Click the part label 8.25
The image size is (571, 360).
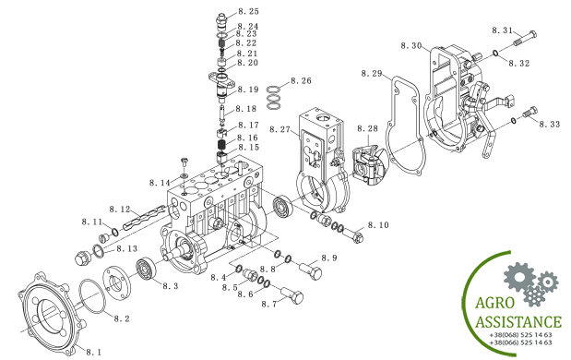click(x=248, y=10)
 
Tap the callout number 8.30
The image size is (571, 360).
click(x=411, y=45)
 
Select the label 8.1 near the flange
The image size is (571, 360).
click(x=95, y=352)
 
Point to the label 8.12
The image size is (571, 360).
click(x=119, y=210)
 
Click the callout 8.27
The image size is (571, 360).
click(x=280, y=130)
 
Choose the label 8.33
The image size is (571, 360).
click(x=549, y=124)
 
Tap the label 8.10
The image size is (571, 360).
click(x=378, y=225)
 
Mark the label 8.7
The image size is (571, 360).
click(x=269, y=303)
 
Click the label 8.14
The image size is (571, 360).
click(x=161, y=184)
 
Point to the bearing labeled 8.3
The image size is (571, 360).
click(x=146, y=270)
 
